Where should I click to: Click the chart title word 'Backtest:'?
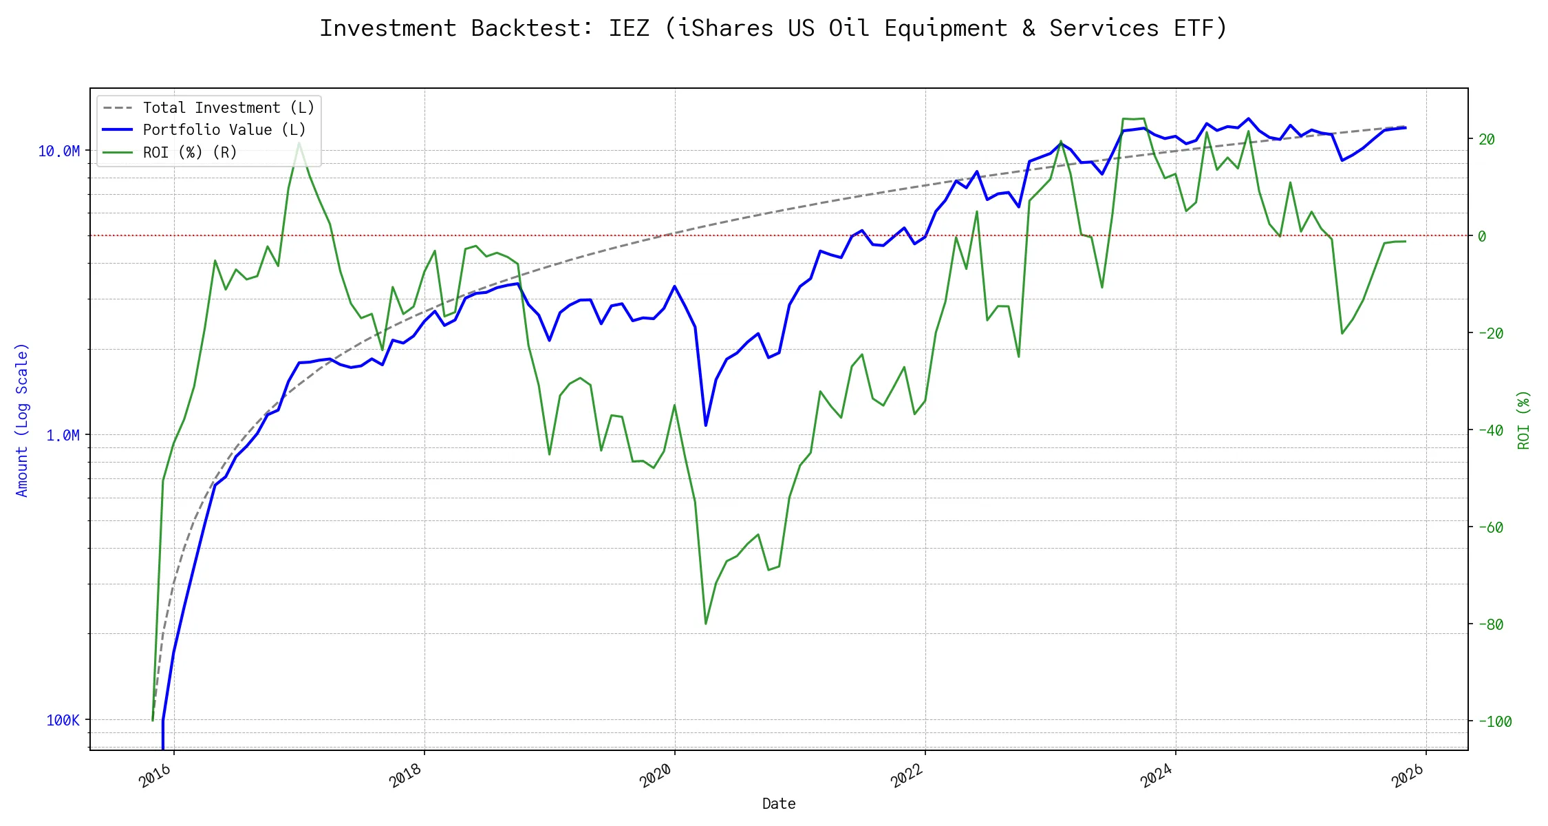[532, 28]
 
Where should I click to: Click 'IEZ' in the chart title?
[629, 28]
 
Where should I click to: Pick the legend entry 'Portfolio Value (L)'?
[224, 130]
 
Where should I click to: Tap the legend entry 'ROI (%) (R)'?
[190, 152]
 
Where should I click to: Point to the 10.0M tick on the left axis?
[58, 151]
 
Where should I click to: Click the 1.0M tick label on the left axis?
[63, 435]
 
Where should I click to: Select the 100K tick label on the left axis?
[63, 720]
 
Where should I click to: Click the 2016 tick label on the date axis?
[155, 776]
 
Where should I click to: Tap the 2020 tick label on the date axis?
[656, 776]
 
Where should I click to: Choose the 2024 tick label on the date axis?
[1157, 776]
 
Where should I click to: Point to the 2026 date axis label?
[1408, 776]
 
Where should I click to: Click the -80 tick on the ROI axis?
[1490, 624]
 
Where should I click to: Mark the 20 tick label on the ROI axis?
[1487, 139]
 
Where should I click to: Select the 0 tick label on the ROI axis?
[1482, 236]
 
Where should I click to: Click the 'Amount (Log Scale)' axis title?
[22, 420]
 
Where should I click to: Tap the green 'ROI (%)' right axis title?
[1524, 420]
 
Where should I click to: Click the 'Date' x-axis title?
[779, 803]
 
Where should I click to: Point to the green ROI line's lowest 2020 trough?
[706, 624]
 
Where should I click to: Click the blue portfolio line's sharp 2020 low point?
[706, 425]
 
